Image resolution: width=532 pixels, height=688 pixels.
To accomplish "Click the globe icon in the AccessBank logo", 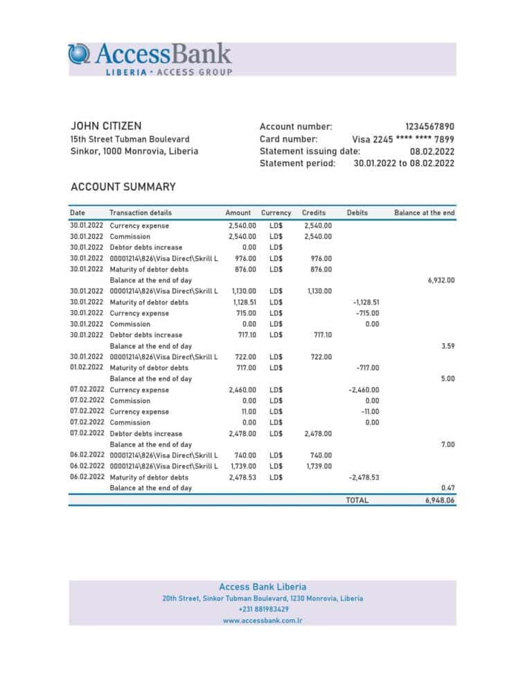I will pos(79,54).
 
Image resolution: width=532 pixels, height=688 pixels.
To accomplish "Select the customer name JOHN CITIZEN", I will pos(106,126).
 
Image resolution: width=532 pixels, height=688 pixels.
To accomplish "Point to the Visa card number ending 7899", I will pos(403,139).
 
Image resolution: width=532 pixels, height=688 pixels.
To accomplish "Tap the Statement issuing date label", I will pos(310,151).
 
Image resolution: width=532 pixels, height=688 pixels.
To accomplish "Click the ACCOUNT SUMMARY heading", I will pos(123,187).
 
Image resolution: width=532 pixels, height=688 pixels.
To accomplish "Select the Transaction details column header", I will pos(141,212).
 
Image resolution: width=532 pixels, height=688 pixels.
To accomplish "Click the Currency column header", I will pos(276,212).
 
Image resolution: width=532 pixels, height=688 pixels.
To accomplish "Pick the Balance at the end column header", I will pos(424,212).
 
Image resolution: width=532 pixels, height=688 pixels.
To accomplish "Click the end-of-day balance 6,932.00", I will pos(441,280).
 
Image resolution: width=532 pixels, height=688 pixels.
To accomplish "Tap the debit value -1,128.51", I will pos(366,302).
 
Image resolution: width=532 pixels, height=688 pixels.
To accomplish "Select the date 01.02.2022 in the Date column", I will pos(87,368).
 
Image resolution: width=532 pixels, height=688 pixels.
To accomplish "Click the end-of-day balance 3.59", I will pos(447,346).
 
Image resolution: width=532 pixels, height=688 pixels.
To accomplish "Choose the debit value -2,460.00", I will pos(364,390).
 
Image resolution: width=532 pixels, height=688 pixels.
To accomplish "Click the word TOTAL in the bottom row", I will pos(357,500).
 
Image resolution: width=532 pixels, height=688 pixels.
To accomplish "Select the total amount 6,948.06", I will pos(440,500).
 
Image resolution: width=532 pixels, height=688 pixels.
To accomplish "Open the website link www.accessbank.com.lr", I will pos(263,621).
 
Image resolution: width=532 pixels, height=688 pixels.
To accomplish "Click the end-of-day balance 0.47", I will pos(447,488).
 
